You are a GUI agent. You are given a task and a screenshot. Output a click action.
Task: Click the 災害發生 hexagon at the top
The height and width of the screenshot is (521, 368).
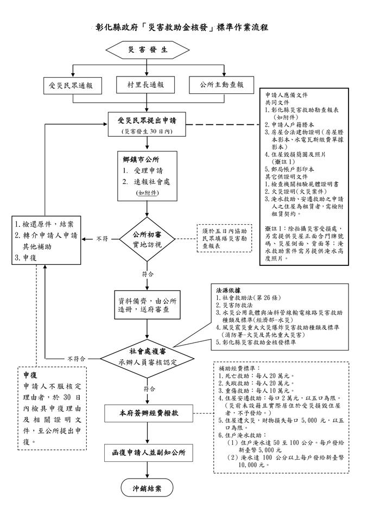(147, 50)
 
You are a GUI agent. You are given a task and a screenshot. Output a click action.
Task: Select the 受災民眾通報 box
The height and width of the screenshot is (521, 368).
(73, 85)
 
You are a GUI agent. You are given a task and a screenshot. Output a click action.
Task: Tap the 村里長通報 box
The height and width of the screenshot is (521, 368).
(145, 85)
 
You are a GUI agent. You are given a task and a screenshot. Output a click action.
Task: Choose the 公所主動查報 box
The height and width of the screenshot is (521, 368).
(221, 85)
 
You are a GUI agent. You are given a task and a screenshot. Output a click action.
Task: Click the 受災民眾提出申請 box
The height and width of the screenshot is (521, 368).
(147, 124)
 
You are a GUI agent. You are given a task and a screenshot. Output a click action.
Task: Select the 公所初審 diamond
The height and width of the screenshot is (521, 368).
(147, 239)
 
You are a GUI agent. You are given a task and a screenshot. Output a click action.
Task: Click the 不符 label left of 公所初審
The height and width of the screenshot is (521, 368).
(102, 239)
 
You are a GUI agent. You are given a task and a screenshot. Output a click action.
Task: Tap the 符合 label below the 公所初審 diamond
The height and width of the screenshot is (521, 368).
(148, 275)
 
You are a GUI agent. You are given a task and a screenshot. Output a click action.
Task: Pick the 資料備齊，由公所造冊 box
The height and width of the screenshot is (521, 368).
(147, 305)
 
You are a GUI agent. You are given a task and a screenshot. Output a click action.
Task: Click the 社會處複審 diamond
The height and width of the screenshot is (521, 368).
(147, 358)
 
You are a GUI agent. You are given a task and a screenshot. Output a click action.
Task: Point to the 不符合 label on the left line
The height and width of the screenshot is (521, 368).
(76, 359)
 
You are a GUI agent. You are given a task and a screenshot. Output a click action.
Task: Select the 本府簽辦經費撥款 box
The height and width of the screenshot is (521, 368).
(149, 414)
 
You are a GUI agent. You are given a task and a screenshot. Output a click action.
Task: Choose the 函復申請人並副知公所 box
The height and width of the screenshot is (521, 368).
(149, 453)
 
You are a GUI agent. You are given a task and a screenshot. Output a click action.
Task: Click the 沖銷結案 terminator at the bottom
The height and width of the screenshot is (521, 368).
(147, 488)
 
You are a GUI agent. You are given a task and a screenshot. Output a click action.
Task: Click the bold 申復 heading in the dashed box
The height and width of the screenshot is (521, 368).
(30, 375)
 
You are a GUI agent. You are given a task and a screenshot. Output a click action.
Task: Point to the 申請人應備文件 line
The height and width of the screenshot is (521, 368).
(286, 95)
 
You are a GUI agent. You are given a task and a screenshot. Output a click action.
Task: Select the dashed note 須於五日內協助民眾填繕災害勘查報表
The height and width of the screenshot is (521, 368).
(225, 238)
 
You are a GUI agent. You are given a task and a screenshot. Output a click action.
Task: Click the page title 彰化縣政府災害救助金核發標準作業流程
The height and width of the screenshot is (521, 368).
(182, 27)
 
